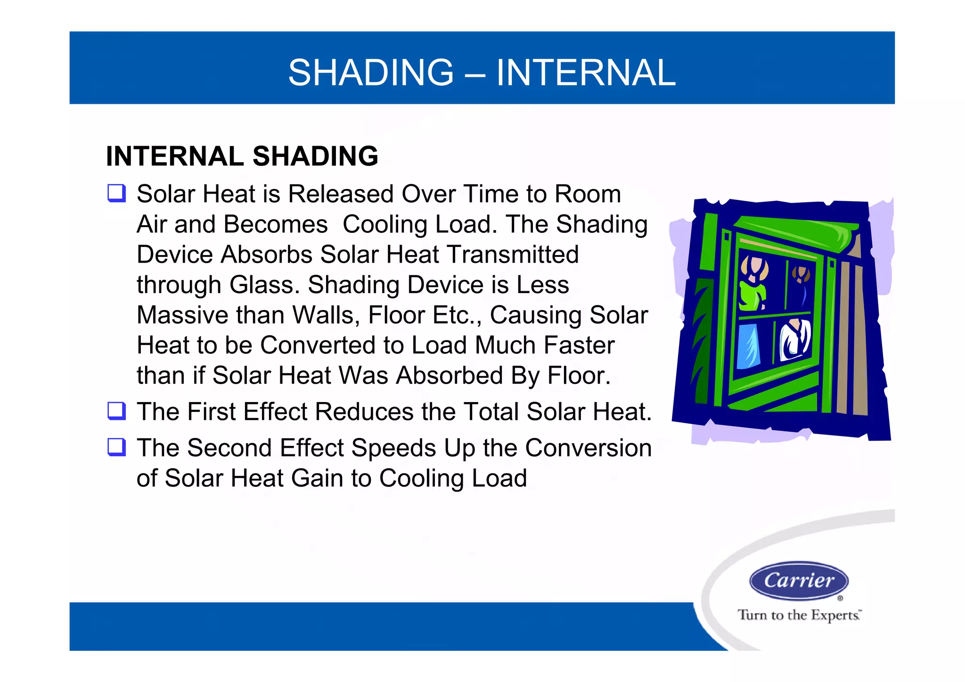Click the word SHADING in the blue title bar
pos(371,73)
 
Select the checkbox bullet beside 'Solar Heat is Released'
pos(116,193)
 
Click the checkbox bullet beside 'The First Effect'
pos(116,411)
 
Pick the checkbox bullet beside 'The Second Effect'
pos(116,447)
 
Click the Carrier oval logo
pos(799,580)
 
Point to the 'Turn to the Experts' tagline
pos(799,615)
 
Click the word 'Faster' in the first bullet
pos(579,345)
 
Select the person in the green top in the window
pos(753,288)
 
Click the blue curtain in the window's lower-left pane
pos(749,346)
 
